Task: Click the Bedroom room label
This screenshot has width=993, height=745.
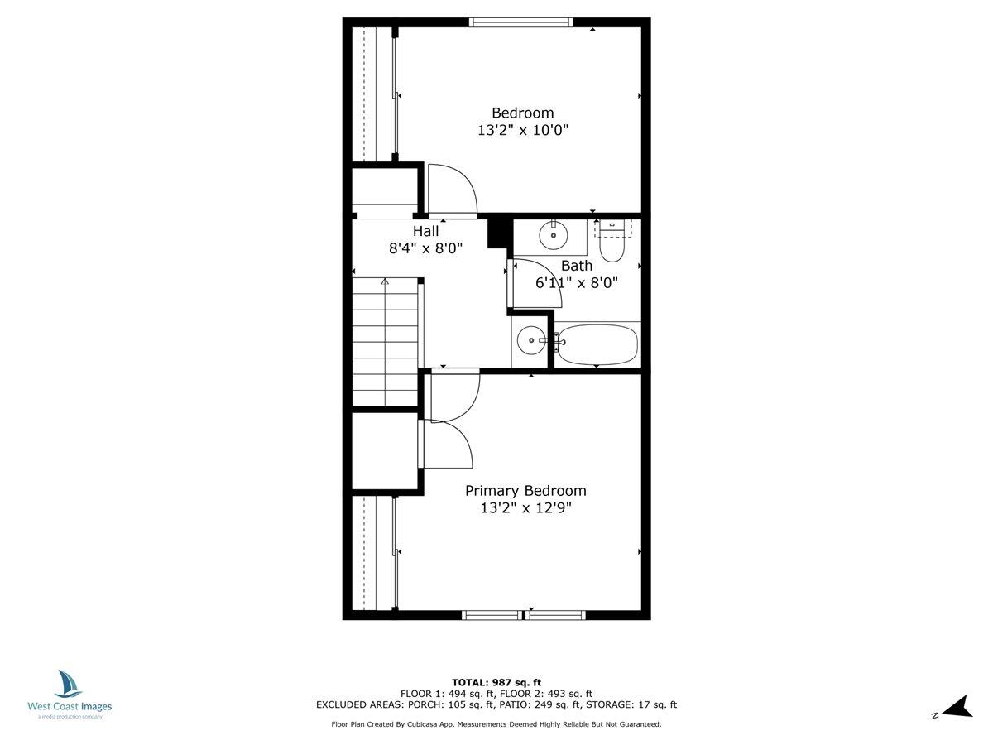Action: (522, 113)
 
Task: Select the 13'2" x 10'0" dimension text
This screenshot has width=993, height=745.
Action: (522, 130)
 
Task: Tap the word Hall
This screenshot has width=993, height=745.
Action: (425, 231)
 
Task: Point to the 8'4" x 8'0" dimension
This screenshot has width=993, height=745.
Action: (425, 248)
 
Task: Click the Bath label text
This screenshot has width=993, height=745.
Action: (577, 266)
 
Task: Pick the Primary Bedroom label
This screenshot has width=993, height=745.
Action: (525, 490)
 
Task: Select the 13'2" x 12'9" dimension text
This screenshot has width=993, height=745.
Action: (525, 507)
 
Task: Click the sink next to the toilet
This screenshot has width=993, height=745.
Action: (553, 235)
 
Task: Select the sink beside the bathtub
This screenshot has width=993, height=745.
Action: (530, 340)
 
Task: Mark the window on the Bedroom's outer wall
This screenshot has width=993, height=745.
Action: (520, 22)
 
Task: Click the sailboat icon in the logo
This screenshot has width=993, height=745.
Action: (69, 685)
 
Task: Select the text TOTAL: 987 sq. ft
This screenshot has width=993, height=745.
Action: (496, 682)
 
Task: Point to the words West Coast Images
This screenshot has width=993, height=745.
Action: (70, 707)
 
